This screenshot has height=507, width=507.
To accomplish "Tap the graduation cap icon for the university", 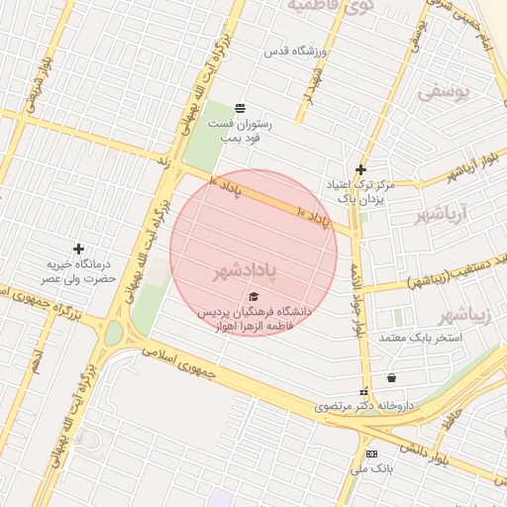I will point(253,296).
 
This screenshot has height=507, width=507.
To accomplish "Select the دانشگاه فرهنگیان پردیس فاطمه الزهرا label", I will point(253,317).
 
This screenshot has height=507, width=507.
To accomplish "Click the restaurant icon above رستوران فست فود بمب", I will point(240,108).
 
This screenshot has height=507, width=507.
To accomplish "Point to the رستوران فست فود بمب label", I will point(239,132).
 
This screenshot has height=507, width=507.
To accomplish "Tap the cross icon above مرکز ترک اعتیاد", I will point(360,169).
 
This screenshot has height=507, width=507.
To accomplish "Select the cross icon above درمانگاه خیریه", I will point(78,248).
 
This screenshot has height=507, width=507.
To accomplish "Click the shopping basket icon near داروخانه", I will point(392,377).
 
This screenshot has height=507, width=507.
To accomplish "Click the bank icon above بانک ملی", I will point(371,454).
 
